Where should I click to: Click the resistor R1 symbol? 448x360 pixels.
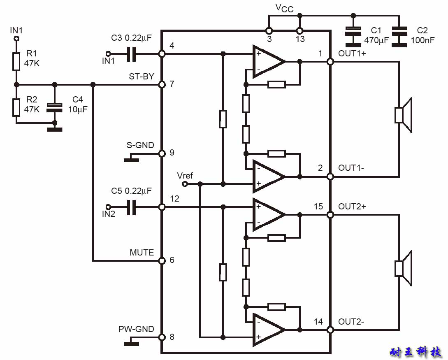click(x=16, y=61)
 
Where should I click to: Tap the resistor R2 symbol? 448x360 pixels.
click(x=16, y=107)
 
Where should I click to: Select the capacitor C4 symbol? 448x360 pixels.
click(x=54, y=108)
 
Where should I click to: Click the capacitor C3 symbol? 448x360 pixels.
click(x=131, y=53)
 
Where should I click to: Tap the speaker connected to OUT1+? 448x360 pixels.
click(x=403, y=115)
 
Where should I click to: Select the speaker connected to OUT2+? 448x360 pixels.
click(x=403, y=268)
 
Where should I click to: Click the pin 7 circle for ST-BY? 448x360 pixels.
click(x=162, y=85)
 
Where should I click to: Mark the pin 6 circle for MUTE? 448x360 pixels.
click(x=162, y=260)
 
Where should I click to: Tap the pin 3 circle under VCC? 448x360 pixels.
click(x=269, y=30)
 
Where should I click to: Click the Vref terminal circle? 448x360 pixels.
click(x=185, y=184)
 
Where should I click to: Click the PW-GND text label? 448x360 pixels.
click(x=136, y=329)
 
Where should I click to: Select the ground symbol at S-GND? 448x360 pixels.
click(x=131, y=160)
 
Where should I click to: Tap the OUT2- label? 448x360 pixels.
click(x=351, y=322)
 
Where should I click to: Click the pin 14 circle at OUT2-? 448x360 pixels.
click(x=330, y=330)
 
